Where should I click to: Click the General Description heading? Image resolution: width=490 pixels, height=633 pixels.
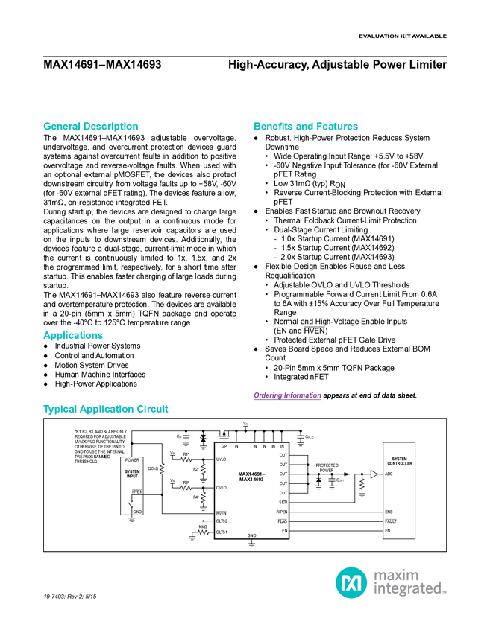91,127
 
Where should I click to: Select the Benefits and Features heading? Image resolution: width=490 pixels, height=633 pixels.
306,127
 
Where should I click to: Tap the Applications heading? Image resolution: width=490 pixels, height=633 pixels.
73,336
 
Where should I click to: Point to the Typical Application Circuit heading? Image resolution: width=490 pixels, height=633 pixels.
106,409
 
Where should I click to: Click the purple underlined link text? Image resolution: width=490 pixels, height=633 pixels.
286,396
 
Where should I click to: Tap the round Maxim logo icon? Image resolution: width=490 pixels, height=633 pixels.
351,582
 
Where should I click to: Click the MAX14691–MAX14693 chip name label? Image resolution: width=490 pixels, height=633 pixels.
251,477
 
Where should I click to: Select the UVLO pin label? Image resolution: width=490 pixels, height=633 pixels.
221,459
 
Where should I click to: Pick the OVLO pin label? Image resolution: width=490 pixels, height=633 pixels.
221,488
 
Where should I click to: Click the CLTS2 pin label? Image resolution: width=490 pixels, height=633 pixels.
222,521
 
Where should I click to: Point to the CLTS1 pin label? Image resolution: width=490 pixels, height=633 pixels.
222,532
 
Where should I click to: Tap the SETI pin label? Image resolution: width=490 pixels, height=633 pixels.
283,503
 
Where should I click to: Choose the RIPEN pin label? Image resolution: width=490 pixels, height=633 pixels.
281,512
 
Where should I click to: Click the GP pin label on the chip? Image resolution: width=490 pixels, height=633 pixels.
224,446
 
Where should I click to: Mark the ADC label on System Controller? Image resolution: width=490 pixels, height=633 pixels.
389,474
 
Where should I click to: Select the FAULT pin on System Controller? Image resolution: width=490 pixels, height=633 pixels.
391,521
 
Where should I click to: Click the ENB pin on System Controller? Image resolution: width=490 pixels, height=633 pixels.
389,512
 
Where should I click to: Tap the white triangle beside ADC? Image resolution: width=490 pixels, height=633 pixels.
374,474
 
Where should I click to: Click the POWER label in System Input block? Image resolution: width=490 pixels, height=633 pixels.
132,460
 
